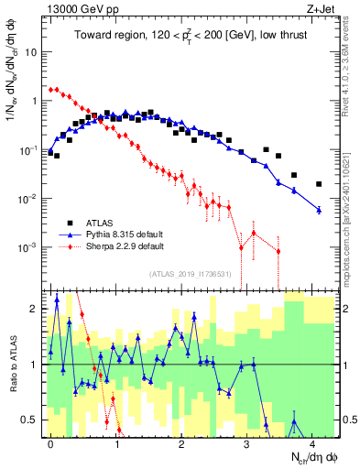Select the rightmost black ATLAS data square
pos(319,183)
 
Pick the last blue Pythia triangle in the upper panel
pos(319,210)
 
